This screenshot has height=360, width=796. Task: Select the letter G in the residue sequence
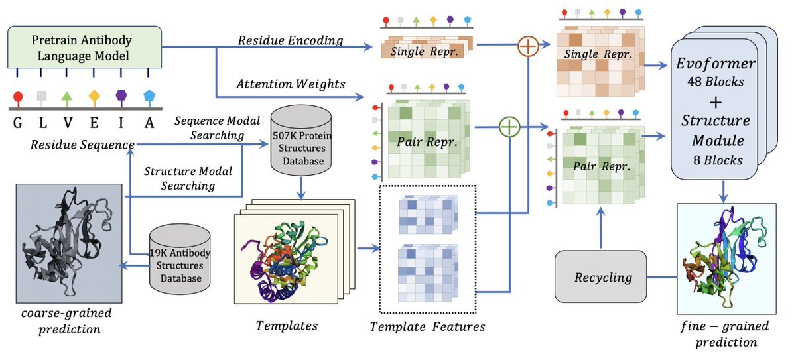(17, 123)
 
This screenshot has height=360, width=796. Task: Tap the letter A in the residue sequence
(149, 123)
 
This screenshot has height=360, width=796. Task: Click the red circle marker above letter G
(17, 96)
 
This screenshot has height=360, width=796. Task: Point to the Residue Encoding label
(291, 40)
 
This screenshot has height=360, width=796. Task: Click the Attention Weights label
(291, 84)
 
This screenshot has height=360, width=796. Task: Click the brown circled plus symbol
(528, 47)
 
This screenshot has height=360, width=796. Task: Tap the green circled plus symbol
(509, 127)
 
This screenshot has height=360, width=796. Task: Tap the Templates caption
(287, 325)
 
